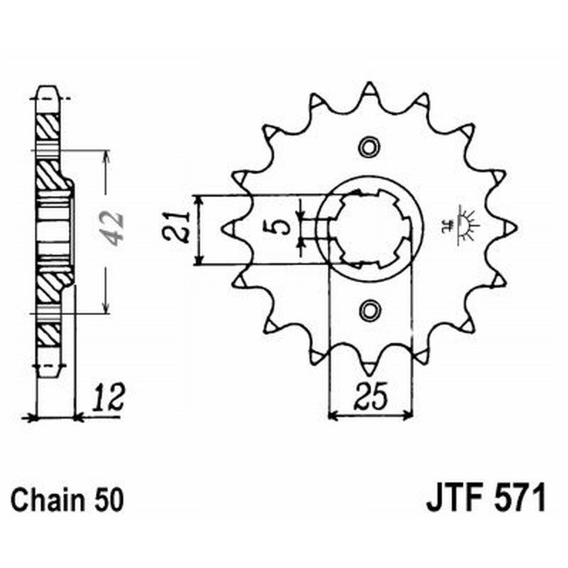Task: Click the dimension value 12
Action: click(109, 398)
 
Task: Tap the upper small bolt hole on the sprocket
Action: click(369, 147)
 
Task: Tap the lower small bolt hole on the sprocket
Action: click(369, 310)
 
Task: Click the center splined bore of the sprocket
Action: click(370, 228)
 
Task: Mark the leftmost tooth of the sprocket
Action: click(231, 228)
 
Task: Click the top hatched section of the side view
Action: click(48, 126)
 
